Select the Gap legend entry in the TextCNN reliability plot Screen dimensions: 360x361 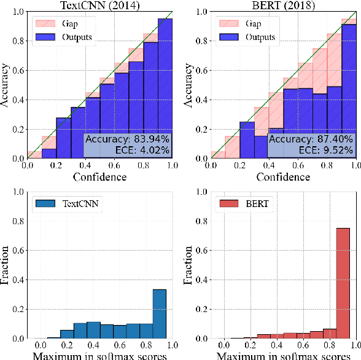coord(68,22)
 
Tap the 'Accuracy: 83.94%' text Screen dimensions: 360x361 coord(128,139)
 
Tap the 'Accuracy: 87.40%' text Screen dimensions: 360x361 coord(312,139)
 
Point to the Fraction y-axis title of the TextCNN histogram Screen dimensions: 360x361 coord(6,265)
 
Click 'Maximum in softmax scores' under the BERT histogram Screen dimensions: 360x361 coord(283,354)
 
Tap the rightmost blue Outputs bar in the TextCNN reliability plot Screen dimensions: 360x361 coord(165,88)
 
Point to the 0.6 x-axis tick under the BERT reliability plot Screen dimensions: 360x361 coord(298,165)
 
